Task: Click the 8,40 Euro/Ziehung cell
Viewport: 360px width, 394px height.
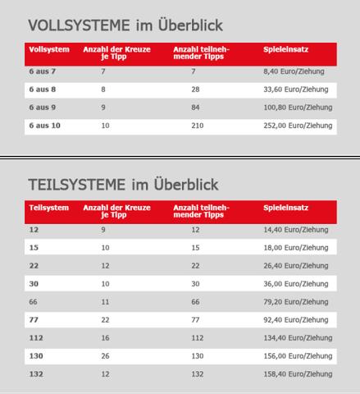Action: pos(292,72)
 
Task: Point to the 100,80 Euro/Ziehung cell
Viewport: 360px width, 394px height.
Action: pos(298,108)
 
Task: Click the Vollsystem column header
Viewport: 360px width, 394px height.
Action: pos(46,50)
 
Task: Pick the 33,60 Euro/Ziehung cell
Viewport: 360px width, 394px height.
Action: pos(294,89)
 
